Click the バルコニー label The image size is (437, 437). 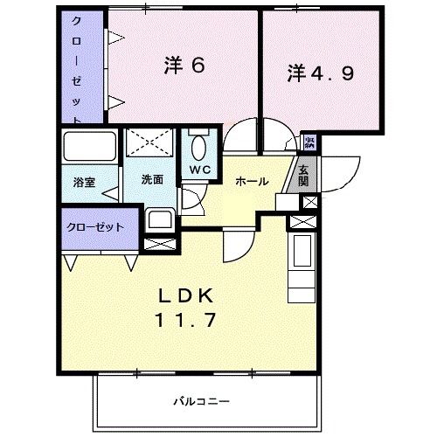coord(201,401)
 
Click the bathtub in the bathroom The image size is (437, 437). coord(90,149)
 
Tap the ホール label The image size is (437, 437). coord(251,182)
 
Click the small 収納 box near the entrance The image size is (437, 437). coord(310,142)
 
